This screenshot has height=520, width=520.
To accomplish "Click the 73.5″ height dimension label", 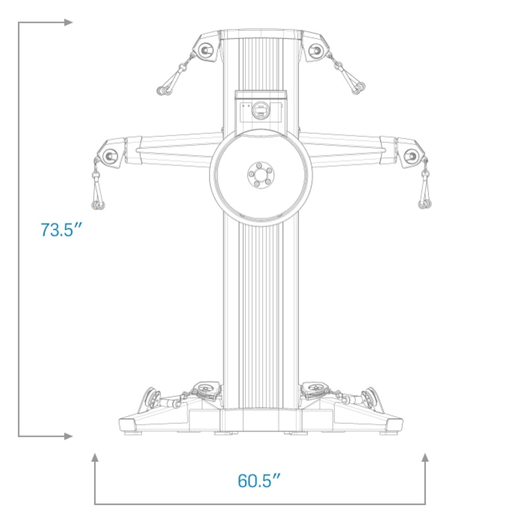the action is pos(61,230).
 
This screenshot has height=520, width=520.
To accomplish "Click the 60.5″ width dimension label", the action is pos(259,480).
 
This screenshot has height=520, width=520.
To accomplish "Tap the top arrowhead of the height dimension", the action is pos(69,23).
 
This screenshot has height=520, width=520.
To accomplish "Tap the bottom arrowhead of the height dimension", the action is pos(69,436).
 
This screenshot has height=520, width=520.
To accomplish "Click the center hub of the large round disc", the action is pos(261,174).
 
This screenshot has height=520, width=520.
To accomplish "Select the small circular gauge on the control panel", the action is pos(260,110).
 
